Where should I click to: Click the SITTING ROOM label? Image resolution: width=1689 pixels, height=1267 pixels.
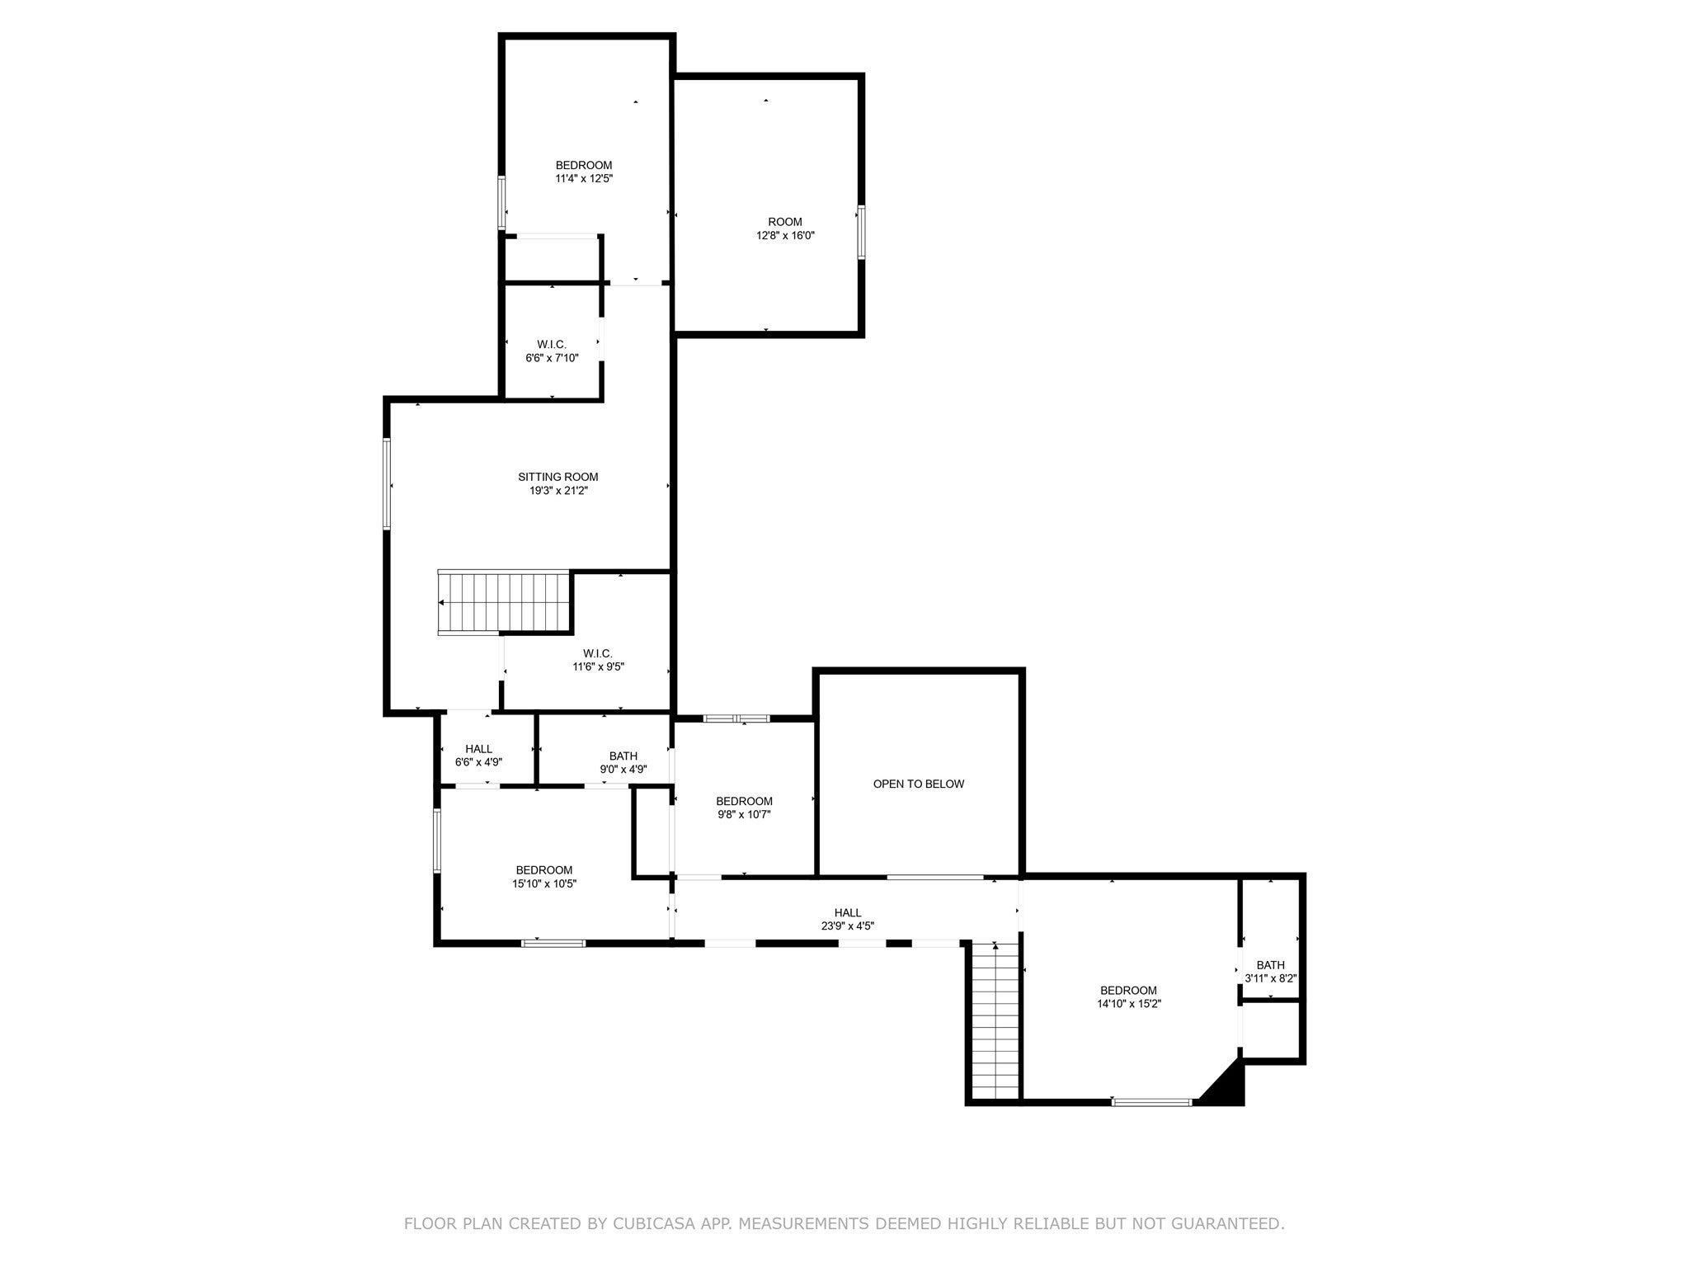pos(558,477)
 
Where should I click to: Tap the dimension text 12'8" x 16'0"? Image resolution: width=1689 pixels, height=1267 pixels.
pos(785,235)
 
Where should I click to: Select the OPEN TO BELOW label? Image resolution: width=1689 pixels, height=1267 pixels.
pos(918,784)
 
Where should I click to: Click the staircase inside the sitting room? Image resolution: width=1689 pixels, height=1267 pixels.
pos(505,602)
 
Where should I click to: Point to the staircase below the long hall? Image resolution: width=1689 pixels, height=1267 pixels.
pos(995,1021)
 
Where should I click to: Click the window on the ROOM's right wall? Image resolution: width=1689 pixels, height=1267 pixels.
pos(861,232)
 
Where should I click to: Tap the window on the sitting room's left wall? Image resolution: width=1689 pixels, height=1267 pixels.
pos(386,483)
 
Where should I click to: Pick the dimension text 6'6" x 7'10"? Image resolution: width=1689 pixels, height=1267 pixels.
pos(552,358)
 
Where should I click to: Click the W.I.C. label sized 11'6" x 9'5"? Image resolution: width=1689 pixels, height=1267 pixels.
pos(598,653)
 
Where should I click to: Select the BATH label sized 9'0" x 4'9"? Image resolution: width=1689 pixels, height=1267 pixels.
pos(623,756)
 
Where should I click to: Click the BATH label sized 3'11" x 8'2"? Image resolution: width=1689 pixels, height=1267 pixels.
pos(1270,965)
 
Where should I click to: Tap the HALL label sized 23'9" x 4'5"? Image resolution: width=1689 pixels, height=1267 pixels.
pos(847,912)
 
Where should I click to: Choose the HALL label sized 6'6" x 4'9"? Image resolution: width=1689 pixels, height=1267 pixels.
pos(478,749)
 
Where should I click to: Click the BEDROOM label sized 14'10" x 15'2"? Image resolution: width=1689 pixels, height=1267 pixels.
pos(1127,991)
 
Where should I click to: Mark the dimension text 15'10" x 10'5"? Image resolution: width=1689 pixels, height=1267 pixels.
pos(543,883)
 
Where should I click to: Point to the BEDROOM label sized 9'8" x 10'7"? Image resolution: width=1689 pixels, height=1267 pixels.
pos(744,801)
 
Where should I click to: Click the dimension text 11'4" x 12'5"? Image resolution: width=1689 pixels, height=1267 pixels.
pos(583,178)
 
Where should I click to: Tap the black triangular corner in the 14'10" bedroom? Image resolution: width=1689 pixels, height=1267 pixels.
pos(1226,1088)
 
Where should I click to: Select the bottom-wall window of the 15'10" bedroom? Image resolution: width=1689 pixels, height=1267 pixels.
pos(553,943)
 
